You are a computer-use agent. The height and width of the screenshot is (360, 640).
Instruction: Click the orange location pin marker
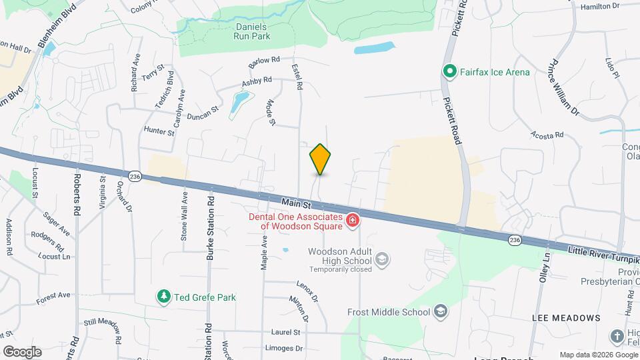click(x=321, y=159)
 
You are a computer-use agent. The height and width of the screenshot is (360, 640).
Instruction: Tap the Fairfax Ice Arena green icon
click(x=450, y=71)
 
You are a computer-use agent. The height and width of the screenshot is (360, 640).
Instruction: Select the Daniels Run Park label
click(x=244, y=31)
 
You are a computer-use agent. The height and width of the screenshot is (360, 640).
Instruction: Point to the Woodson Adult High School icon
click(x=382, y=259)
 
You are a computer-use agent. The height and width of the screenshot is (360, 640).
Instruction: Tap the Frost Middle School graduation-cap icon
click(x=440, y=311)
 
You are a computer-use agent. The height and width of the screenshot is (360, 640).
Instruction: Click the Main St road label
click(x=296, y=201)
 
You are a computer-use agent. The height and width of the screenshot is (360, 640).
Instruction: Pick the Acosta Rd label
click(x=547, y=135)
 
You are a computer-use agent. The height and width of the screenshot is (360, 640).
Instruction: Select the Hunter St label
click(x=159, y=131)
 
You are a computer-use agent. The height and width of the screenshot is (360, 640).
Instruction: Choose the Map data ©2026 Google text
click(x=597, y=355)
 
